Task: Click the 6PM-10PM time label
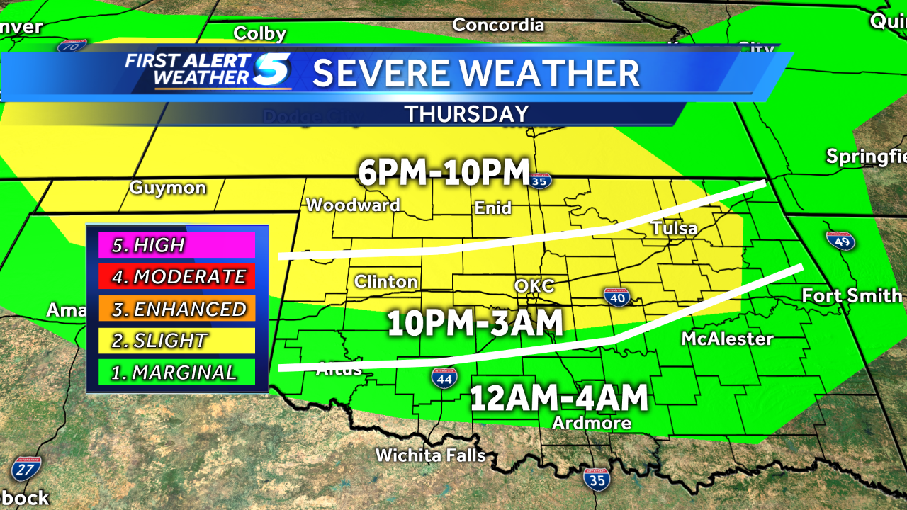[x=444, y=172]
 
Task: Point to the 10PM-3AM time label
[x=475, y=323]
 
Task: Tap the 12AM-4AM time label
[x=560, y=397]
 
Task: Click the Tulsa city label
[x=674, y=229]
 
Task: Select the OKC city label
[x=534, y=286]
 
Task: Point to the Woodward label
[x=353, y=205]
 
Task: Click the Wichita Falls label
[x=430, y=455]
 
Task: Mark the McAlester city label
[x=727, y=339]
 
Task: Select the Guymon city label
[x=168, y=188]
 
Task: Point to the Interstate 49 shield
[x=841, y=240]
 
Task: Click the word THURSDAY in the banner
[x=467, y=113]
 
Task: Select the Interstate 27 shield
[x=26, y=467]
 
